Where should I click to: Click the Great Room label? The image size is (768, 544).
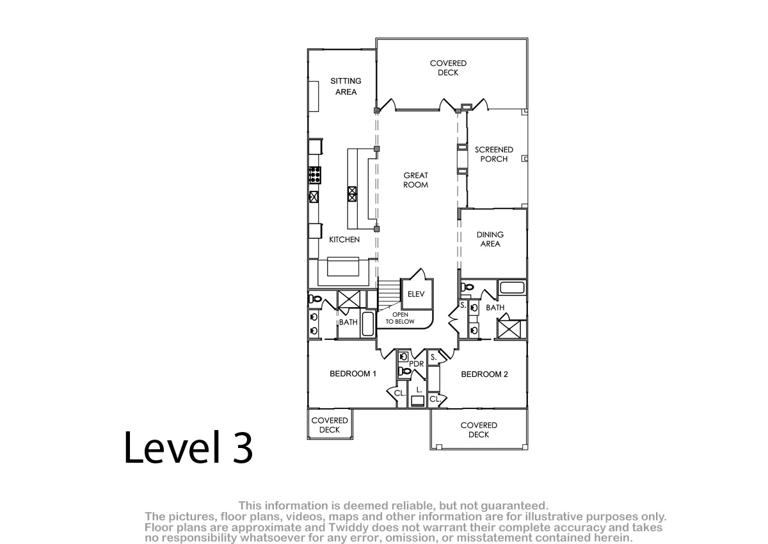pyautogui.click(x=415, y=180)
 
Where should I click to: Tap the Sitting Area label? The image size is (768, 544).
pyautogui.click(x=346, y=86)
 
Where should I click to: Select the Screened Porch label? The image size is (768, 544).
pyautogui.click(x=493, y=154)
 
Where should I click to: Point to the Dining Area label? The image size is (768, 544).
pyautogui.click(x=490, y=239)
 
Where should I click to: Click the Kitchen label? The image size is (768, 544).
pyautogui.click(x=344, y=239)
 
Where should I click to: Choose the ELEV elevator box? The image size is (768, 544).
pyautogui.click(x=417, y=294)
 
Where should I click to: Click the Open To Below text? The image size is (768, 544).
pyautogui.click(x=400, y=318)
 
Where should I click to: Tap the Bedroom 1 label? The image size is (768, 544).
pyautogui.click(x=353, y=374)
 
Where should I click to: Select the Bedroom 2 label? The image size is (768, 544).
pyautogui.click(x=484, y=374)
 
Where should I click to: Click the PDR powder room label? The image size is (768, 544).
pyautogui.click(x=417, y=364)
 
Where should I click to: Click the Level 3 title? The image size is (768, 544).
pyautogui.click(x=188, y=447)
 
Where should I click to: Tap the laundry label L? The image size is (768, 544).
pyautogui.click(x=419, y=390)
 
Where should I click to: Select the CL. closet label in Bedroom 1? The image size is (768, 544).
pyautogui.click(x=400, y=393)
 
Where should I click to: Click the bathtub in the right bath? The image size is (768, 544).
pyautogui.click(x=512, y=287)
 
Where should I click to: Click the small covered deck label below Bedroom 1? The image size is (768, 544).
pyautogui.click(x=330, y=425)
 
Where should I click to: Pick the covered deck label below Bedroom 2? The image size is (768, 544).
pyautogui.click(x=479, y=430)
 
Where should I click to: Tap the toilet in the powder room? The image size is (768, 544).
pyautogui.click(x=405, y=371)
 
